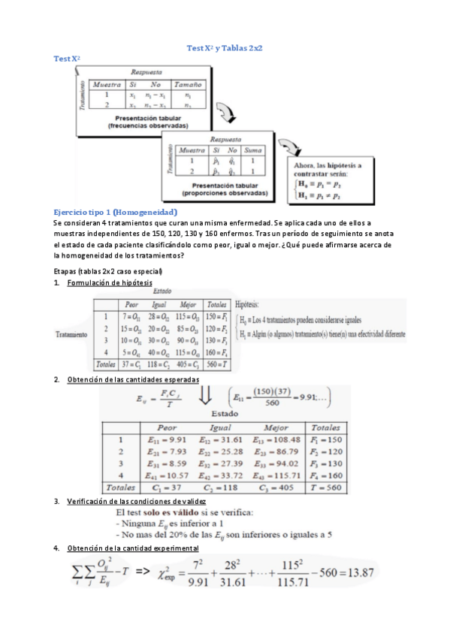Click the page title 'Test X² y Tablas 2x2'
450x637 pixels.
224,47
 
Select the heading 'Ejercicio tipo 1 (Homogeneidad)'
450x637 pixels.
115,213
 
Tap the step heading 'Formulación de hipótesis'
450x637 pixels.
109,282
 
